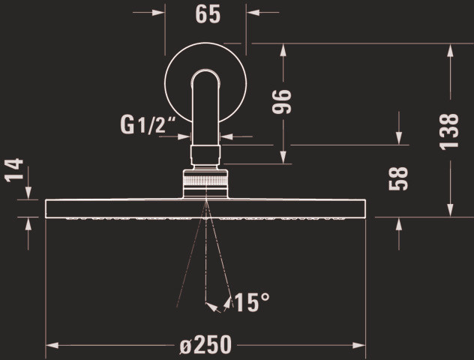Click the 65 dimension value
tap(208, 14)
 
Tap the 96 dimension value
tap(282, 101)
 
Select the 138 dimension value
tap(449, 131)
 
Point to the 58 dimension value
tap(398, 178)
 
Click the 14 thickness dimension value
tap(14, 169)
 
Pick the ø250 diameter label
tap(205, 344)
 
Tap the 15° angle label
tap(252, 302)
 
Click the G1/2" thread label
tap(148, 125)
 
